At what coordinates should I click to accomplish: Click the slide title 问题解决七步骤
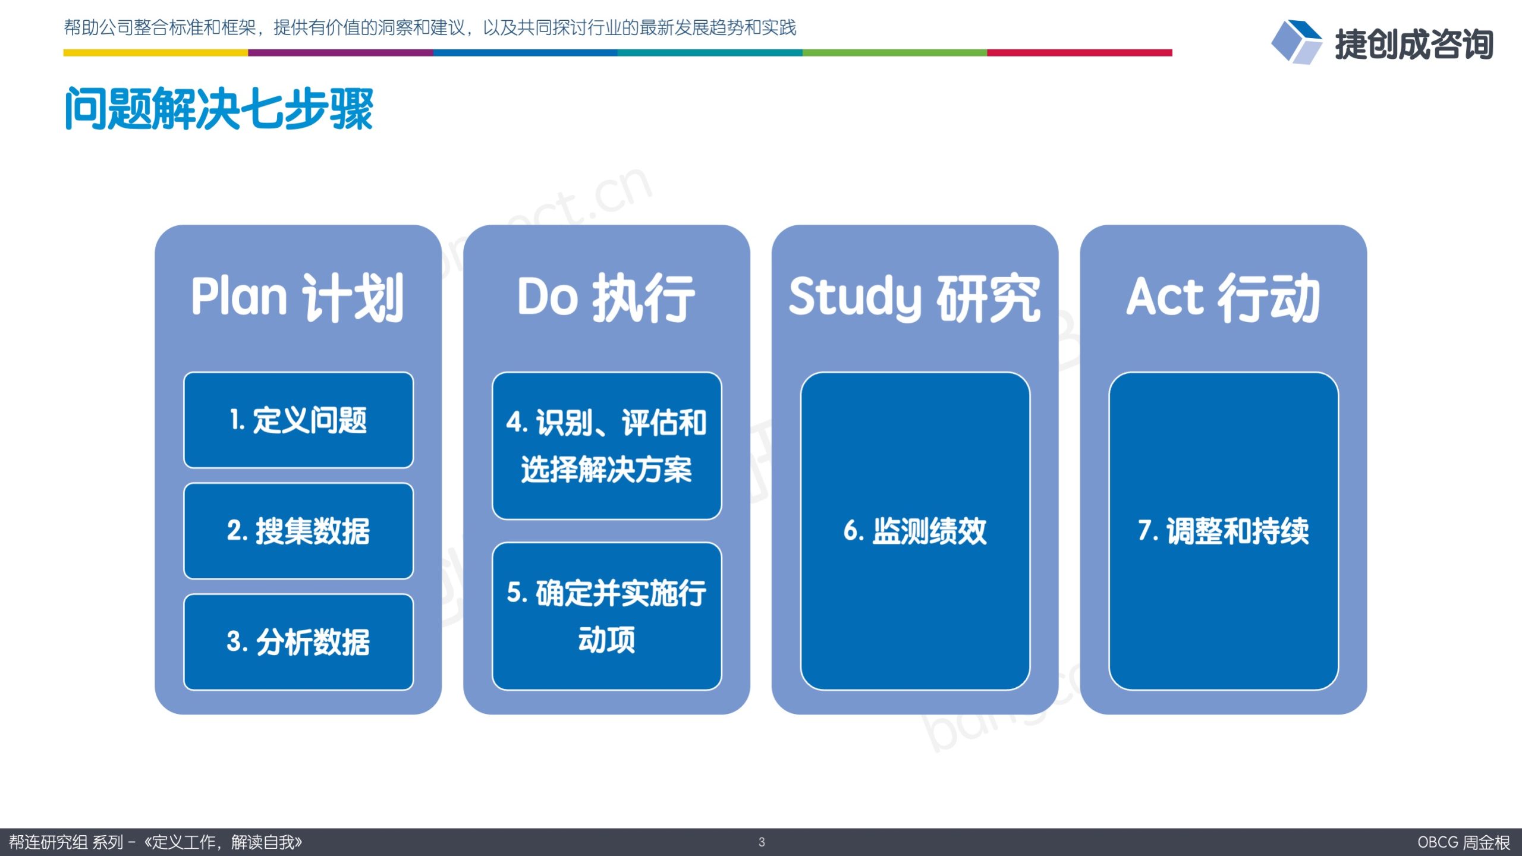click(219, 108)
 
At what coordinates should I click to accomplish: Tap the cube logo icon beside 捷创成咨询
click(1296, 42)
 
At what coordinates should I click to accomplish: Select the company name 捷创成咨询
click(1414, 45)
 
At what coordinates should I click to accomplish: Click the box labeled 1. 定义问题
click(298, 420)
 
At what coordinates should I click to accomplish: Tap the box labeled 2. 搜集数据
click(298, 531)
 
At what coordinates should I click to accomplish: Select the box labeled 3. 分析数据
click(298, 642)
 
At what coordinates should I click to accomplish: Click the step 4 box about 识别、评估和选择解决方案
click(607, 446)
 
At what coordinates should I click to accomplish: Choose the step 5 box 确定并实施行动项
click(607, 616)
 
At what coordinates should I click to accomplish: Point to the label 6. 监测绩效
click(915, 531)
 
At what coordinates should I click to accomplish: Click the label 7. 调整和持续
click(1224, 531)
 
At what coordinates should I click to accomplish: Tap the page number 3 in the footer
click(762, 842)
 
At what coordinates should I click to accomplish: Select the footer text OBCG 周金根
click(1463, 842)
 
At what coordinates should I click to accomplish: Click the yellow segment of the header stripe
click(156, 53)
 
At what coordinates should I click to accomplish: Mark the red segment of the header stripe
click(1080, 53)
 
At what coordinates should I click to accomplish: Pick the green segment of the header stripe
click(895, 53)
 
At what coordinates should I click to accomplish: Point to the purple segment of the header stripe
click(341, 53)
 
